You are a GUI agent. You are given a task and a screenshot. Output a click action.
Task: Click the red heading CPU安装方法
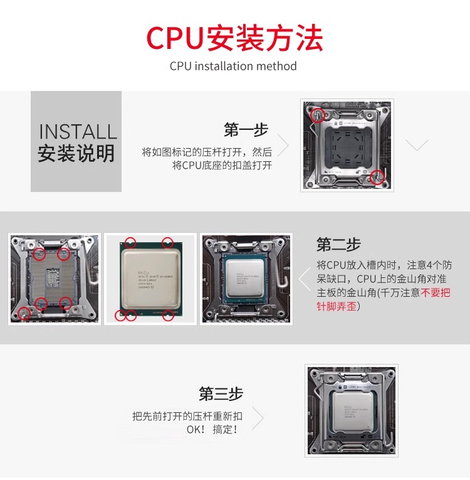(x=234, y=38)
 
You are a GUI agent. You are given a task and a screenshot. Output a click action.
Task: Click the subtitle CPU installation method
(x=233, y=66)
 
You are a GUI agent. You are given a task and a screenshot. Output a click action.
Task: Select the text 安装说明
(x=76, y=153)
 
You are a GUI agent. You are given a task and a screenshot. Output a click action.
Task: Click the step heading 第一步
(x=246, y=130)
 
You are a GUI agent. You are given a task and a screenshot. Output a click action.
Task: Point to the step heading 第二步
(x=338, y=244)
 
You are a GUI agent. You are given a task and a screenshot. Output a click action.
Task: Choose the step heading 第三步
(x=221, y=394)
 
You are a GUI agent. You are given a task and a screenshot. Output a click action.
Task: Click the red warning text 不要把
(x=436, y=293)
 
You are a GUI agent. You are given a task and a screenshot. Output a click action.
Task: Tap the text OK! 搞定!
(x=212, y=430)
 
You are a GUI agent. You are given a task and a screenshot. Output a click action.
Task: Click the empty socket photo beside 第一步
(x=347, y=145)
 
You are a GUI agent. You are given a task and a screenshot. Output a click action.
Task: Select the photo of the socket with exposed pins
(x=54, y=278)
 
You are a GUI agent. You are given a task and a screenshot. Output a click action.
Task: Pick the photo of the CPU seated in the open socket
(x=245, y=278)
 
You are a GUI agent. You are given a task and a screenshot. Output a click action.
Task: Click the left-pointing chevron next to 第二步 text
(x=305, y=279)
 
